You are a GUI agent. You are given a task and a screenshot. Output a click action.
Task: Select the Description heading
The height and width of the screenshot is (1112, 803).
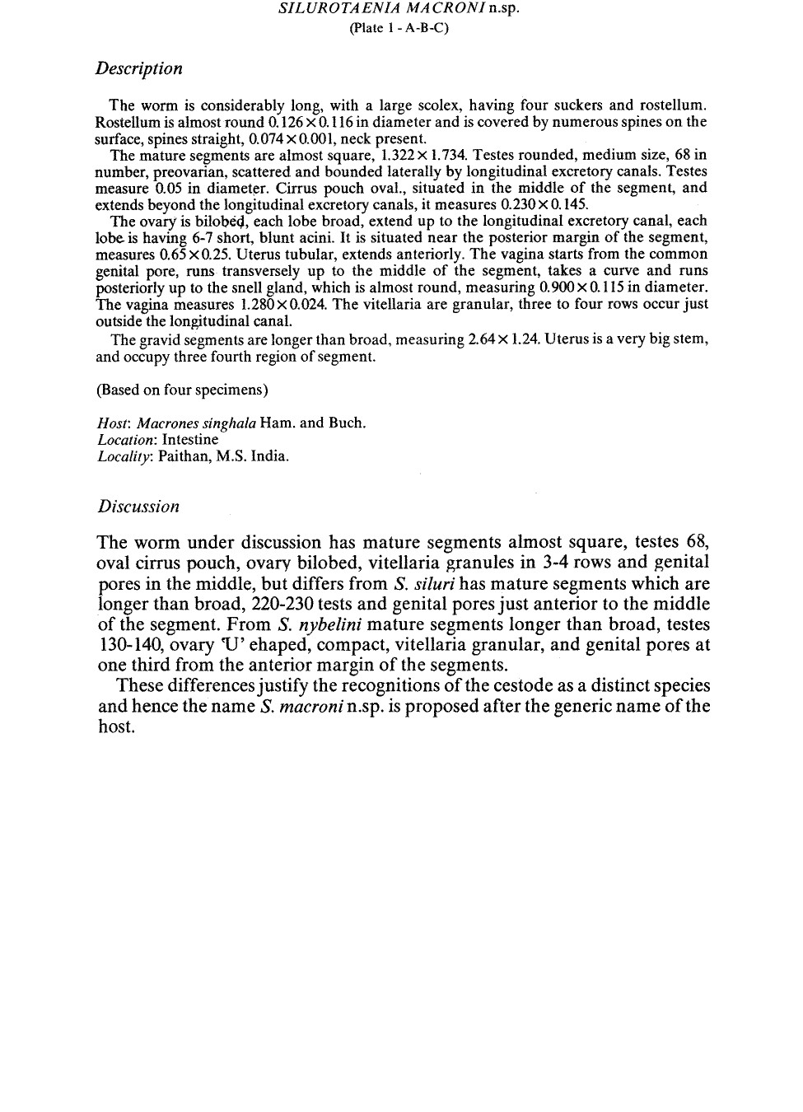coord(138,68)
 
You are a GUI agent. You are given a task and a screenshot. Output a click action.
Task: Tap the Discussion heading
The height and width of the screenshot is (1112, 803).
coord(138,507)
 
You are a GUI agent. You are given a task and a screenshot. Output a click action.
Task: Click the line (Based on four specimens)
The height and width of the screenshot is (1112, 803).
coord(182,390)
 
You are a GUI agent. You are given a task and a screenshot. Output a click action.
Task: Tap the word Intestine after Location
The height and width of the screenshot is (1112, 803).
coord(190,440)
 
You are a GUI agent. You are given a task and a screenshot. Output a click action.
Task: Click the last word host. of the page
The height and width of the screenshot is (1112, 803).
coord(115,727)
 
